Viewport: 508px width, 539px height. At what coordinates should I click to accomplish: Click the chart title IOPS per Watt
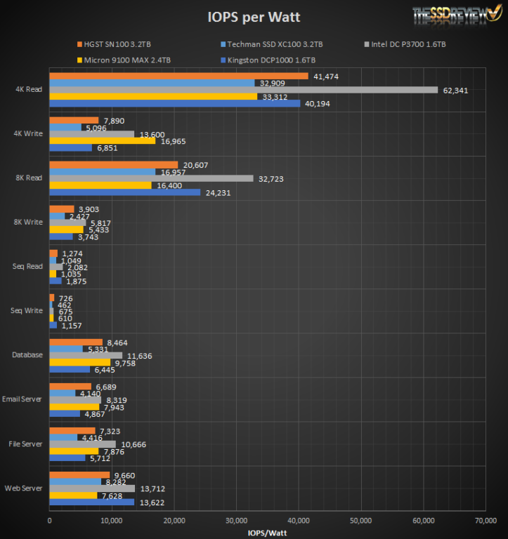254,16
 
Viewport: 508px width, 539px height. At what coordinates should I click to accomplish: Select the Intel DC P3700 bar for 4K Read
243,90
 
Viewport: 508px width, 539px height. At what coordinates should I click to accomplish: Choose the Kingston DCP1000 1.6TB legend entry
271,60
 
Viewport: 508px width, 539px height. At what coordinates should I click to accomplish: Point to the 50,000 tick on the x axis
360,521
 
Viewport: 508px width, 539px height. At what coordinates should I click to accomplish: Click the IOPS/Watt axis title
267,533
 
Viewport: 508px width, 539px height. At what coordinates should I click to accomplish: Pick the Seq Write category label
28,311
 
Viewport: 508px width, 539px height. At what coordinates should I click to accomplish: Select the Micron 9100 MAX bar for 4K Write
102,140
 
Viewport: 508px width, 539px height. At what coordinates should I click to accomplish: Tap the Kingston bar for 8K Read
124,192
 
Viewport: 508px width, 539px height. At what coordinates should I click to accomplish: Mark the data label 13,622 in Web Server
152,503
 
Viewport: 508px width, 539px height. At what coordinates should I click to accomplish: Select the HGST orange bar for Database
75,342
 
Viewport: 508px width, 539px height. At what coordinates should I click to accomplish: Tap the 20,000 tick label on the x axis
174,521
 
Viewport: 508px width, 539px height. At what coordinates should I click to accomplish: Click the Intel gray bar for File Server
82,444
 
